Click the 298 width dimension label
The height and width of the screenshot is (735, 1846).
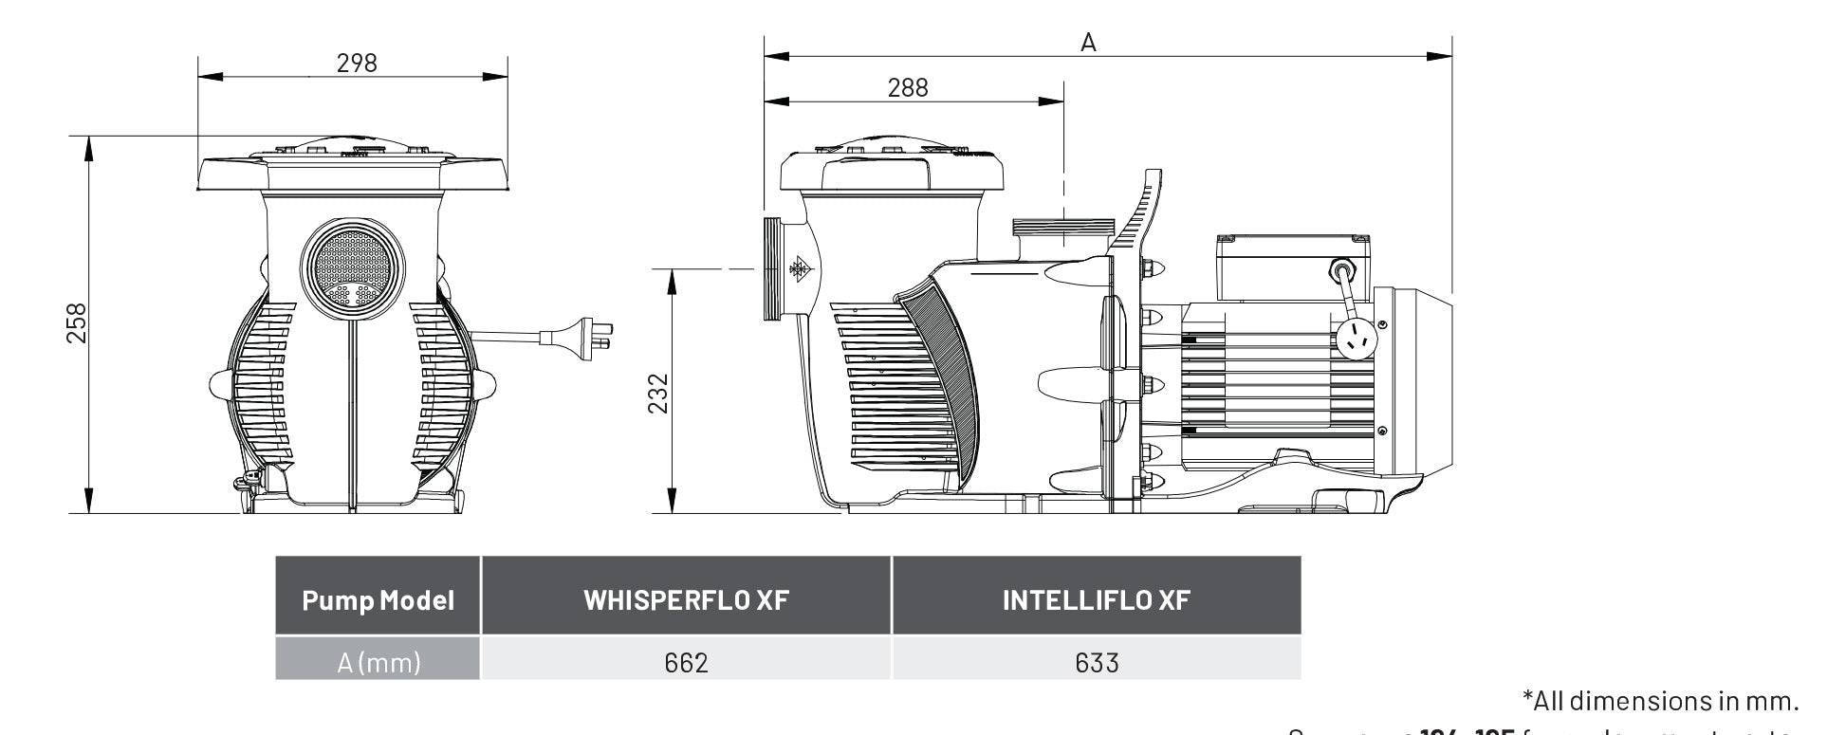(x=357, y=63)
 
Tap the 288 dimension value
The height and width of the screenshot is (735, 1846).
(x=908, y=87)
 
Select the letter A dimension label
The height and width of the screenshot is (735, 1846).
(x=1088, y=43)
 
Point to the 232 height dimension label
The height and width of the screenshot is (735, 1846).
(x=657, y=393)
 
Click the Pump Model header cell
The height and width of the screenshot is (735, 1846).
(x=378, y=600)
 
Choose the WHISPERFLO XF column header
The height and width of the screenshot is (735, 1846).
(x=686, y=600)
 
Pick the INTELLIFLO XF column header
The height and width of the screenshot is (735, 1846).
(x=1096, y=600)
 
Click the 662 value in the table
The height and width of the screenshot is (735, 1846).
(x=686, y=662)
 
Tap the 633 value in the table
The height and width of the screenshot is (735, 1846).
(x=1097, y=662)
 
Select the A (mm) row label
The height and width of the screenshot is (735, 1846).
(x=378, y=662)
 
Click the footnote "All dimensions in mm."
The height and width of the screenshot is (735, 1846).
(x=1660, y=701)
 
